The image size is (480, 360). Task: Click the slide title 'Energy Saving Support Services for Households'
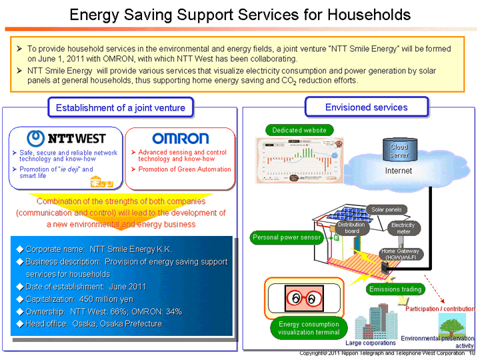click(240, 14)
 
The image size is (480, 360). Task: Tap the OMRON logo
click(180, 138)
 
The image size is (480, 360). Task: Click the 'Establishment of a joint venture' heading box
click(120, 107)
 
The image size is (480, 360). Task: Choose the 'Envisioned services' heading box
click(366, 107)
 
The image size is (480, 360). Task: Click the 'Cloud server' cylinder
click(399, 150)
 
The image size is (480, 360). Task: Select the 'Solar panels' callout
click(387, 209)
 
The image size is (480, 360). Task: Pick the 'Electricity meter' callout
click(403, 228)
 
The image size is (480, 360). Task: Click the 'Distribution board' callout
click(351, 228)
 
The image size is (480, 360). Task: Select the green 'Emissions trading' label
click(395, 289)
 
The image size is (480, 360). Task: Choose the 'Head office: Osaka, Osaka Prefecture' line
click(93, 323)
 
